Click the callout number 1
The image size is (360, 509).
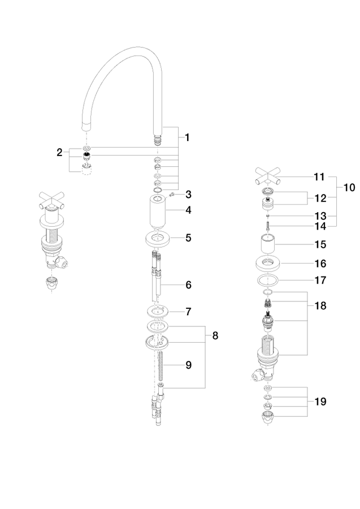188,137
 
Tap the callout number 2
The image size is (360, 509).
59,152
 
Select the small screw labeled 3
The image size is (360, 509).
172,195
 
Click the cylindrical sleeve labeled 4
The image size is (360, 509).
158,211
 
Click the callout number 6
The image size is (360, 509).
188,285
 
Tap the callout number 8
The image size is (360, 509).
215,335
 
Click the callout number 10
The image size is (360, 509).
349,187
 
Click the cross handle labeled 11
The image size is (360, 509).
267,176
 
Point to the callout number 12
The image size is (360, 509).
320,198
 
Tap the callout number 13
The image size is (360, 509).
320,216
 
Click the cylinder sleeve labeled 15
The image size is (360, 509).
268,243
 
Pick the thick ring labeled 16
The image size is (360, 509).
268,264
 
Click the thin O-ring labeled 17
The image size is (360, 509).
268,281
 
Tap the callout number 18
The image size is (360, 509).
320,306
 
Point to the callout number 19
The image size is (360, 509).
320,402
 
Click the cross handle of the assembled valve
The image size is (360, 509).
51,201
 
